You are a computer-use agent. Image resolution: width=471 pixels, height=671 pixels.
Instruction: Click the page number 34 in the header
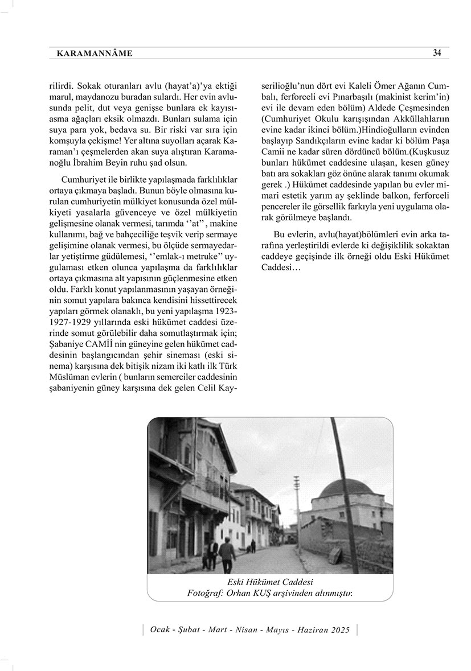click(437, 53)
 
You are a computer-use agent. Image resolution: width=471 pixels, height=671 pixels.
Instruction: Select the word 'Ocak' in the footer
click(160, 629)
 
